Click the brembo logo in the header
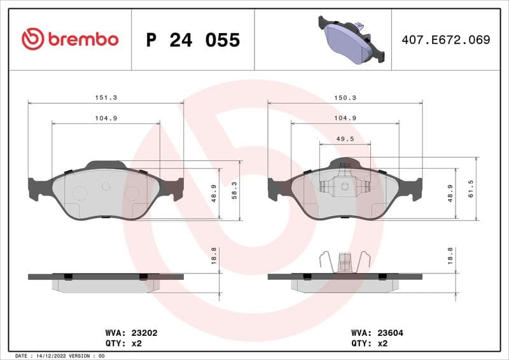point(70,39)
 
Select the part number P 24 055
point(193,40)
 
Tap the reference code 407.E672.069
point(445,39)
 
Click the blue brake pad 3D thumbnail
point(352,39)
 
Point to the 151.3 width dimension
point(106,98)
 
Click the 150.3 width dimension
point(345,98)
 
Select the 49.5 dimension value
point(345,139)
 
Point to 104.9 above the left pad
point(106,118)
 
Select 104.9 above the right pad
point(345,118)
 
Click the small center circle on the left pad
point(106,186)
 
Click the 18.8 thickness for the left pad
point(214,255)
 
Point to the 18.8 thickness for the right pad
point(450,255)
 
